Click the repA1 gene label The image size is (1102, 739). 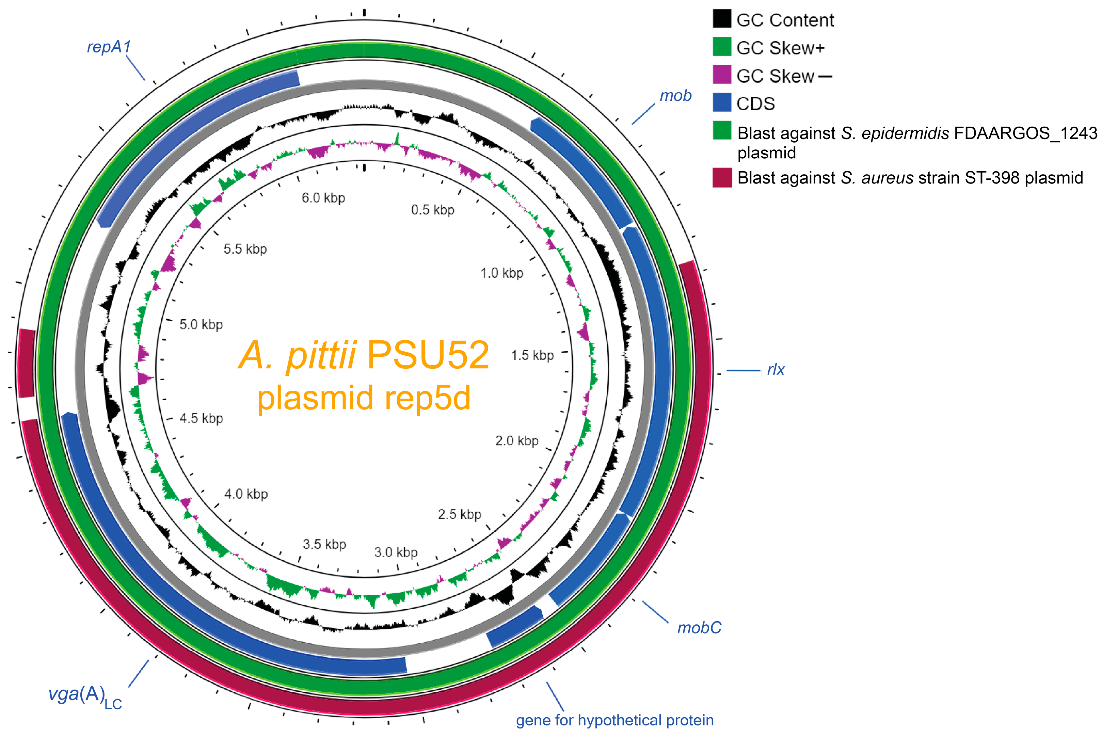[108, 47]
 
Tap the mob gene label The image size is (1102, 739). [675, 96]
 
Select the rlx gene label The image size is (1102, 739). [776, 370]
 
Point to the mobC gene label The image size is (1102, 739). [699, 628]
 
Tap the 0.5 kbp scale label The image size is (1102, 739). [432, 210]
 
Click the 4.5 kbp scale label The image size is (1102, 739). [201, 418]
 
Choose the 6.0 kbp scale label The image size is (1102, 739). [323, 198]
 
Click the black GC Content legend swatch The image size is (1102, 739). [722, 19]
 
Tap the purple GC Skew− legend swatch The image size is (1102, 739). [722, 75]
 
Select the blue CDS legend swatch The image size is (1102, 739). [722, 102]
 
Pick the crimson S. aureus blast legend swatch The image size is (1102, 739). [722, 177]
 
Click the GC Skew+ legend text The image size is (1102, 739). [780, 48]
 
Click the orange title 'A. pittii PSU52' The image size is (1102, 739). [364, 355]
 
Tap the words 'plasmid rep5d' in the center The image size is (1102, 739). [364, 398]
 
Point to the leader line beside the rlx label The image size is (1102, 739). [743, 370]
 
